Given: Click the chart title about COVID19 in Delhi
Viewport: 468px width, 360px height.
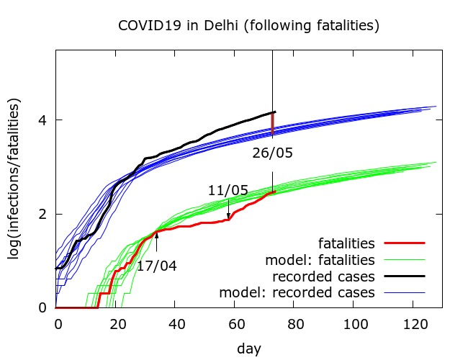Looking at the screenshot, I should [x=248, y=26].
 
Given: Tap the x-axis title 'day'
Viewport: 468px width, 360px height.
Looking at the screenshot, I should [x=248, y=348].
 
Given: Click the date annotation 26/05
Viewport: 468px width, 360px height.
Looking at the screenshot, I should [x=272, y=153].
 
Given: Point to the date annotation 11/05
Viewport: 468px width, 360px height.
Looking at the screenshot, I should [x=228, y=191].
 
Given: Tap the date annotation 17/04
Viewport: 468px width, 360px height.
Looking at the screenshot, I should [x=156, y=266].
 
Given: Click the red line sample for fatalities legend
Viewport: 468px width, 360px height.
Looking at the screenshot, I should [x=404, y=243].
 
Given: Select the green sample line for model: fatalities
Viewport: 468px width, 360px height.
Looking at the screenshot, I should [x=404, y=260].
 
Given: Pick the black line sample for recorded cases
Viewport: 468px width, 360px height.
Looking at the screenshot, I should [x=404, y=276].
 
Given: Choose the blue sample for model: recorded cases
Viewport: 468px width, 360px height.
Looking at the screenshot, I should [x=404, y=292].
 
